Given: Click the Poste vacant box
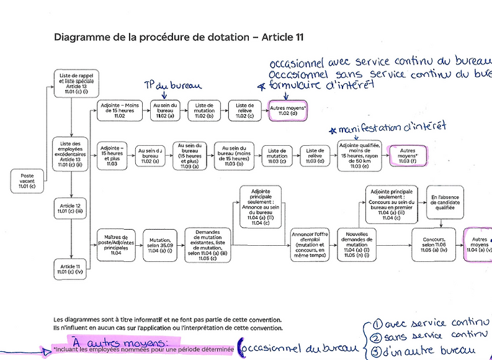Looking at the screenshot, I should (x=27, y=181).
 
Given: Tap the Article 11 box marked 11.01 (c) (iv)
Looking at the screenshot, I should (x=71, y=268).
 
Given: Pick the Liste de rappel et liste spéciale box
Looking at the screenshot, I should (x=71, y=85).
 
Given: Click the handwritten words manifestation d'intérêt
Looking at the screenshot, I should (x=394, y=128).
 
